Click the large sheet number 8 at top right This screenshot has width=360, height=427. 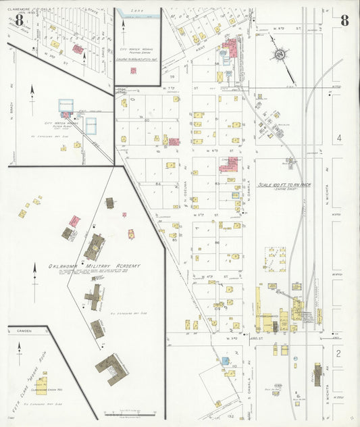(344, 20)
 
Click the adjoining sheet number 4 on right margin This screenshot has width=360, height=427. (340, 138)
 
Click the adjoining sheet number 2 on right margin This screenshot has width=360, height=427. (340, 353)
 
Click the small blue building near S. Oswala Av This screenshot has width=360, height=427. (225, 361)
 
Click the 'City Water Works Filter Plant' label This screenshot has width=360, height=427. (61, 124)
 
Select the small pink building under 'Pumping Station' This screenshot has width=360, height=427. (133, 70)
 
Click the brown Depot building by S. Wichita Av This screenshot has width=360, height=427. (317, 374)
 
